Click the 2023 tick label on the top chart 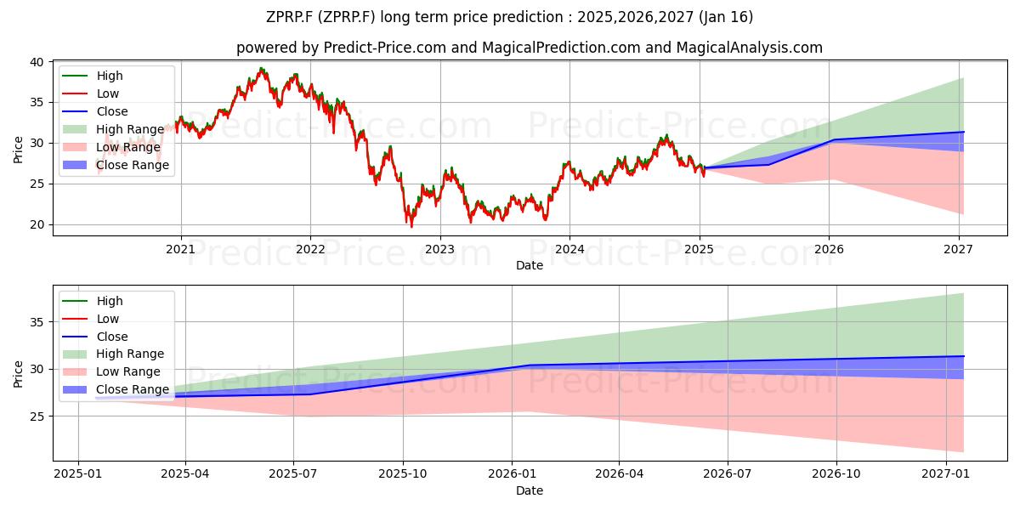[x=440, y=249]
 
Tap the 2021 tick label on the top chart [x=181, y=249]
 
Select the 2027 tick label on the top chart [x=959, y=249]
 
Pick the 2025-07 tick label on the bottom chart [x=293, y=474]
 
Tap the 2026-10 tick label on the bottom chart [x=836, y=474]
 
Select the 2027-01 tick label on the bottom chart [x=946, y=474]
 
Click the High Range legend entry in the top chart [x=113, y=129]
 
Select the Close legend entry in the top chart [x=94, y=111]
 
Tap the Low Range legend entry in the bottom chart [x=111, y=371]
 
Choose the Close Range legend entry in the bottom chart [x=116, y=389]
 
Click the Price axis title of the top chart [x=18, y=150]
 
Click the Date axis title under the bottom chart [x=529, y=490]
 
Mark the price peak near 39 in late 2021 [x=261, y=68]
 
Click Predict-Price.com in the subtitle [x=385, y=48]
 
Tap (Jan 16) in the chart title [x=725, y=17]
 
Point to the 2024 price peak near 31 [x=666, y=136]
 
